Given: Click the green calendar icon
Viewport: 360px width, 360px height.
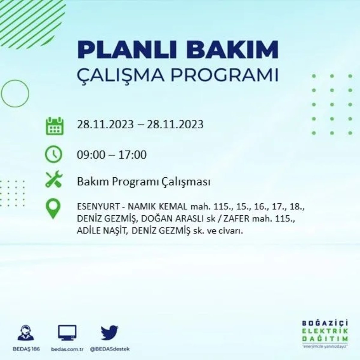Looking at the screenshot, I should tap(54, 126).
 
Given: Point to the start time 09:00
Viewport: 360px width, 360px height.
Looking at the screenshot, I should tap(91, 155).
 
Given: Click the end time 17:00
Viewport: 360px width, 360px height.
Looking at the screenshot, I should tap(132, 155).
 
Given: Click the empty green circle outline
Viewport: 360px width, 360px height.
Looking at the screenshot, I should tap(15, 94).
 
